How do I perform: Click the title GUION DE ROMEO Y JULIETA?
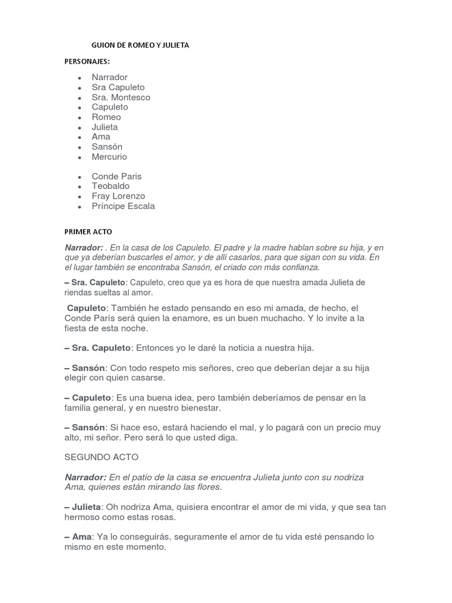(140, 45)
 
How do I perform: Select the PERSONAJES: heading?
(87, 61)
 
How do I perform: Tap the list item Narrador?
(109, 77)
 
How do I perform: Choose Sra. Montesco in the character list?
(121, 97)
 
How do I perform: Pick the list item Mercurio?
(109, 157)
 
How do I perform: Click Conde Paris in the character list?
(117, 176)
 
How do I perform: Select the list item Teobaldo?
(111, 186)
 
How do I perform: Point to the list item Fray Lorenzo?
(118, 196)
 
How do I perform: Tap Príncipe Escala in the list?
(123, 206)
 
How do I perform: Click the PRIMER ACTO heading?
(88, 231)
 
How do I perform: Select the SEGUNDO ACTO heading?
(101, 457)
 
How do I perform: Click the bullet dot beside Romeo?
(79, 117)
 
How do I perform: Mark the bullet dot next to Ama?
(79, 137)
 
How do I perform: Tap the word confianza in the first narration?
(297, 267)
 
